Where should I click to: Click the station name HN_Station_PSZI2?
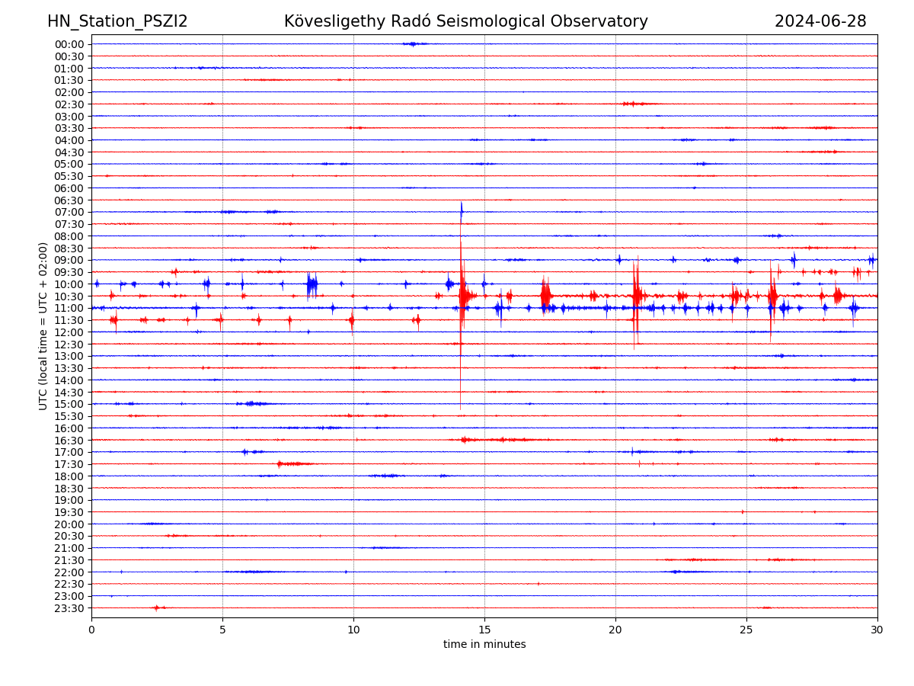tap(117, 21)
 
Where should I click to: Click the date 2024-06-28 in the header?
tap(820, 21)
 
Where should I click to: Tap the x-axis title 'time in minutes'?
tap(484, 645)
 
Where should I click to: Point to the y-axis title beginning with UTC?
tap(43, 325)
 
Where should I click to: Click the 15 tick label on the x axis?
tap(484, 630)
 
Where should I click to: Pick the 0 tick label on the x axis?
tap(91, 630)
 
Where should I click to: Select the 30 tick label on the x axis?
tap(877, 630)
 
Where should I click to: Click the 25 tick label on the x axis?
tap(746, 630)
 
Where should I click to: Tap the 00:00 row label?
tap(69, 44)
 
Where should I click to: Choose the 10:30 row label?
tap(69, 296)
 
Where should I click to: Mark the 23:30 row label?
tap(69, 608)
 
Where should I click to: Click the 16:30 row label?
tap(69, 440)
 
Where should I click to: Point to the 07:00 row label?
tap(69, 212)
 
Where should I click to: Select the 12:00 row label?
tap(69, 332)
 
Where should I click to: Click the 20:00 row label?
tap(69, 524)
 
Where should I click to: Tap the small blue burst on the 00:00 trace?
tap(413, 43)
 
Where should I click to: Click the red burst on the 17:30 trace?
tap(293, 463)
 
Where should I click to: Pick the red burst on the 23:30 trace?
tap(157, 607)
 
